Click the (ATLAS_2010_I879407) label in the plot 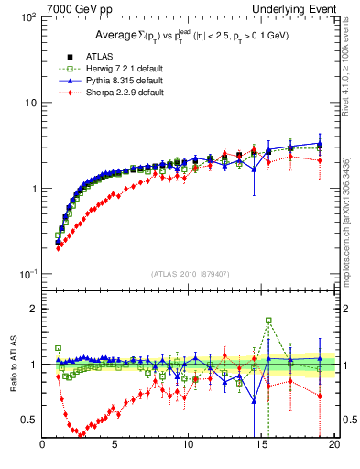[190, 272]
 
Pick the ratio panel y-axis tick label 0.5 [28, 420]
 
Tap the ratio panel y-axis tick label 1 [32, 365]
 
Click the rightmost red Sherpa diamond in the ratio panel [319, 396]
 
